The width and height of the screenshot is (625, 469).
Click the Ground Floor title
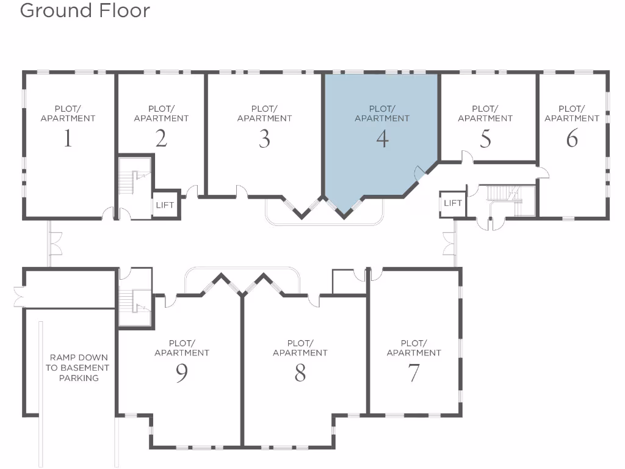(x=85, y=10)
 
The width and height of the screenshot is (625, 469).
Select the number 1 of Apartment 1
(x=68, y=139)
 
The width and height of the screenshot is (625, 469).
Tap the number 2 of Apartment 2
(x=161, y=139)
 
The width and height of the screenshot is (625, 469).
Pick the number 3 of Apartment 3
(x=264, y=139)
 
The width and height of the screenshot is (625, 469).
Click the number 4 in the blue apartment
(x=382, y=139)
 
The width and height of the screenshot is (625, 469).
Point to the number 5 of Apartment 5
(x=485, y=139)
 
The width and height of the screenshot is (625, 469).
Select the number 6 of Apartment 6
(x=572, y=139)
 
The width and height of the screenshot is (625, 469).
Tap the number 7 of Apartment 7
(x=414, y=373)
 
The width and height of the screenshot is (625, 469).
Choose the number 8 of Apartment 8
(x=300, y=373)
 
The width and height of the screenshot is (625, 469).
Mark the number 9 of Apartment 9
(x=182, y=373)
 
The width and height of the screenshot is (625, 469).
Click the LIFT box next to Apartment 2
(x=165, y=205)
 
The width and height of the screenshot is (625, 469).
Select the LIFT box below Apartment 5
(x=452, y=203)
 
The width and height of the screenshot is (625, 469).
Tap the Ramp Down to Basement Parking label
(x=79, y=368)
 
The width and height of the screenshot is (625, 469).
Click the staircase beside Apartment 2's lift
(x=134, y=178)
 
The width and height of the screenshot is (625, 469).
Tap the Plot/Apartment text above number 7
(x=414, y=348)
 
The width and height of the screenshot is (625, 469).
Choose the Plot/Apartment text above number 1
(x=68, y=114)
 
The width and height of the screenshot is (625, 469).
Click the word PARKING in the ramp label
(x=79, y=378)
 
